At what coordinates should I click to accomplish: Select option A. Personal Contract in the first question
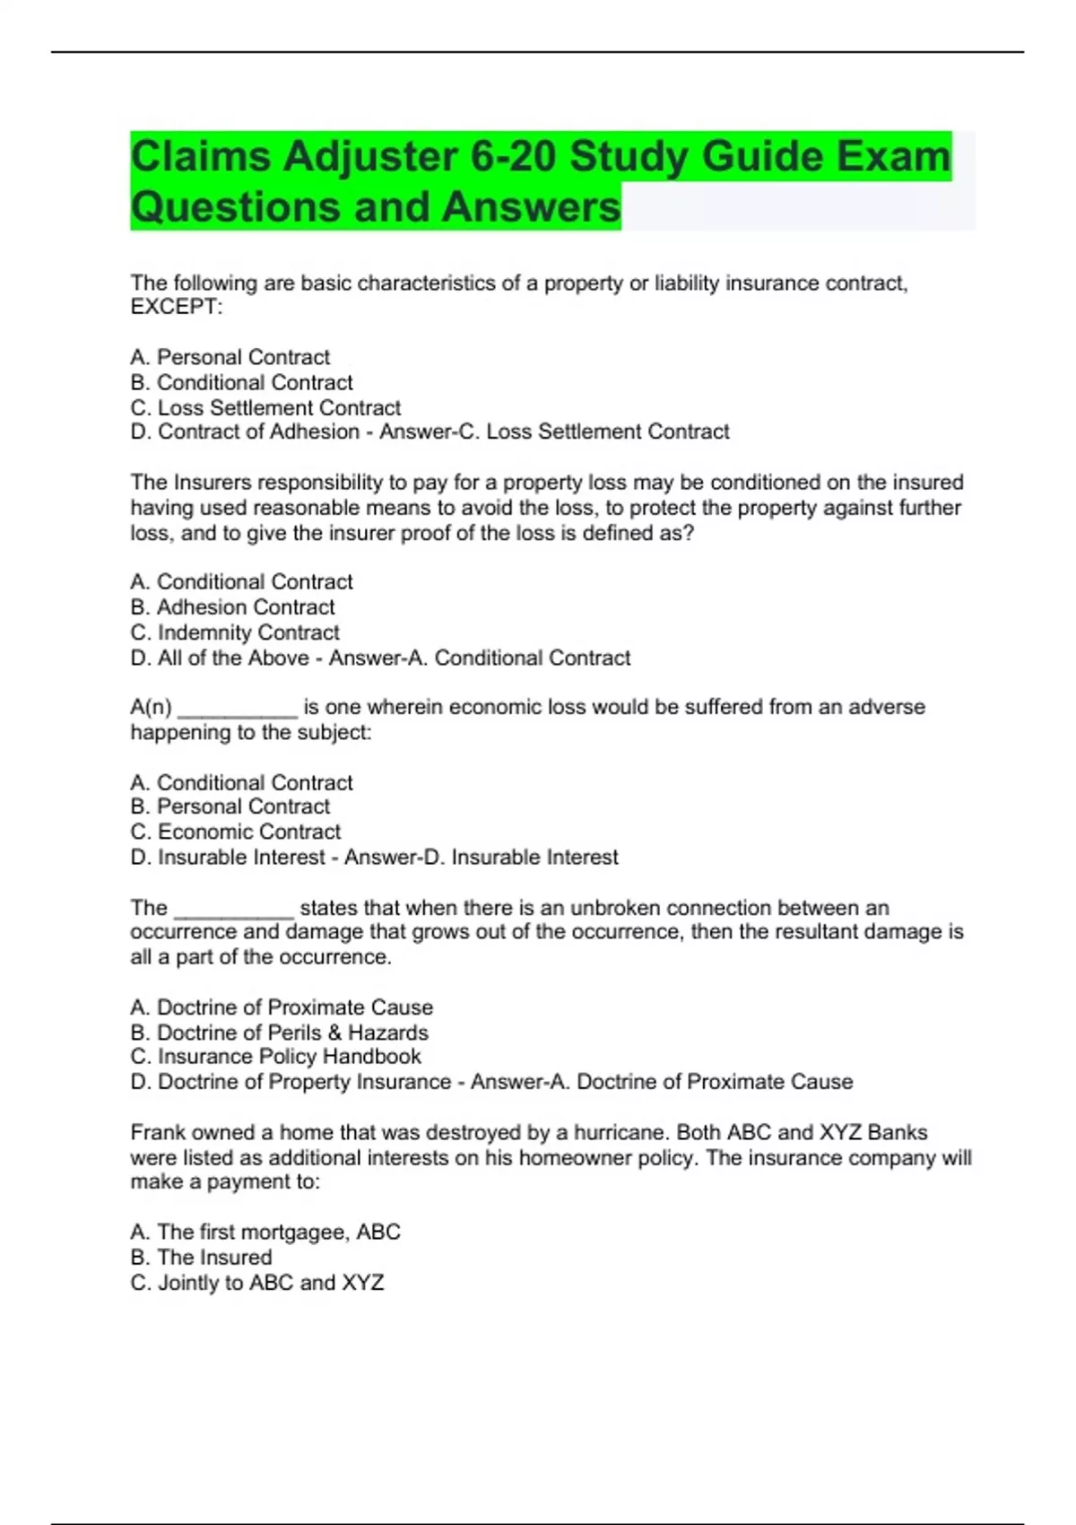230,357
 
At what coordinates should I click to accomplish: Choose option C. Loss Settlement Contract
265,407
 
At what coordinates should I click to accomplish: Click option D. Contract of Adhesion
245,432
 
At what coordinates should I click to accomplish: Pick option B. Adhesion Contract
233,607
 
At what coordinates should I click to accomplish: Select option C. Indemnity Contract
235,632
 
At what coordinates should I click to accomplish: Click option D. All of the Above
220,658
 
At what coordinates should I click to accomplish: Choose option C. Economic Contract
236,832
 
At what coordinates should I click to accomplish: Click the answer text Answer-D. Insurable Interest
482,858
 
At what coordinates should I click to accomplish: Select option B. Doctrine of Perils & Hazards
280,1033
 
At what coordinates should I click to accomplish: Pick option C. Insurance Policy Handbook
276,1057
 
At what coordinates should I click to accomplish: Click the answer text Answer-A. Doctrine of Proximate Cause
662,1082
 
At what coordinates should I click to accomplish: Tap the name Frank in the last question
158,1133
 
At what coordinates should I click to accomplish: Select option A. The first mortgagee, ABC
265,1233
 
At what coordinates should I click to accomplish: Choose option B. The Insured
201,1258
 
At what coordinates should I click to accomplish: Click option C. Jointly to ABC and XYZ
257,1283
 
